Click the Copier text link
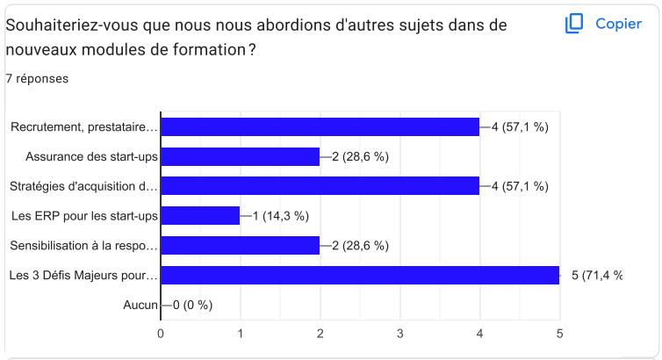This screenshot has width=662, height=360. click(x=618, y=24)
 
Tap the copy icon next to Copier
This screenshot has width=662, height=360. click(x=574, y=24)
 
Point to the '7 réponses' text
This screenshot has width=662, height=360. click(x=37, y=79)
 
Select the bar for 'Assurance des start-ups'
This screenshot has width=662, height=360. click(x=240, y=156)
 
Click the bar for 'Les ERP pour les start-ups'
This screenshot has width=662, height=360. click(x=200, y=216)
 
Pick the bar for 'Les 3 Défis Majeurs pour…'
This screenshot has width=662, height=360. click(x=360, y=276)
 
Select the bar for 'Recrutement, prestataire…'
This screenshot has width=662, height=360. click(x=320, y=127)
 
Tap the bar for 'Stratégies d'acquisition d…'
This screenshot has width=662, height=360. click(x=320, y=186)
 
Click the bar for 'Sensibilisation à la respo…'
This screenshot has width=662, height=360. click(x=240, y=246)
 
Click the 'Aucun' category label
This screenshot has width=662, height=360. click(x=140, y=306)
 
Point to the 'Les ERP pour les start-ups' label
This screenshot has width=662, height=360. click(x=84, y=216)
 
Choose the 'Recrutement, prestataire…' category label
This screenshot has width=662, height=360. click(x=84, y=127)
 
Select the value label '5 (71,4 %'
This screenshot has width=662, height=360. click(x=597, y=276)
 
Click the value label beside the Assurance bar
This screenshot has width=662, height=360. click(x=360, y=156)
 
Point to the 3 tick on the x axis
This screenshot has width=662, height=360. click(x=399, y=333)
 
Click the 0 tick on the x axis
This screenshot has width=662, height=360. click(x=161, y=333)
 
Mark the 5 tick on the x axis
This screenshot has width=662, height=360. click(x=559, y=333)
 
